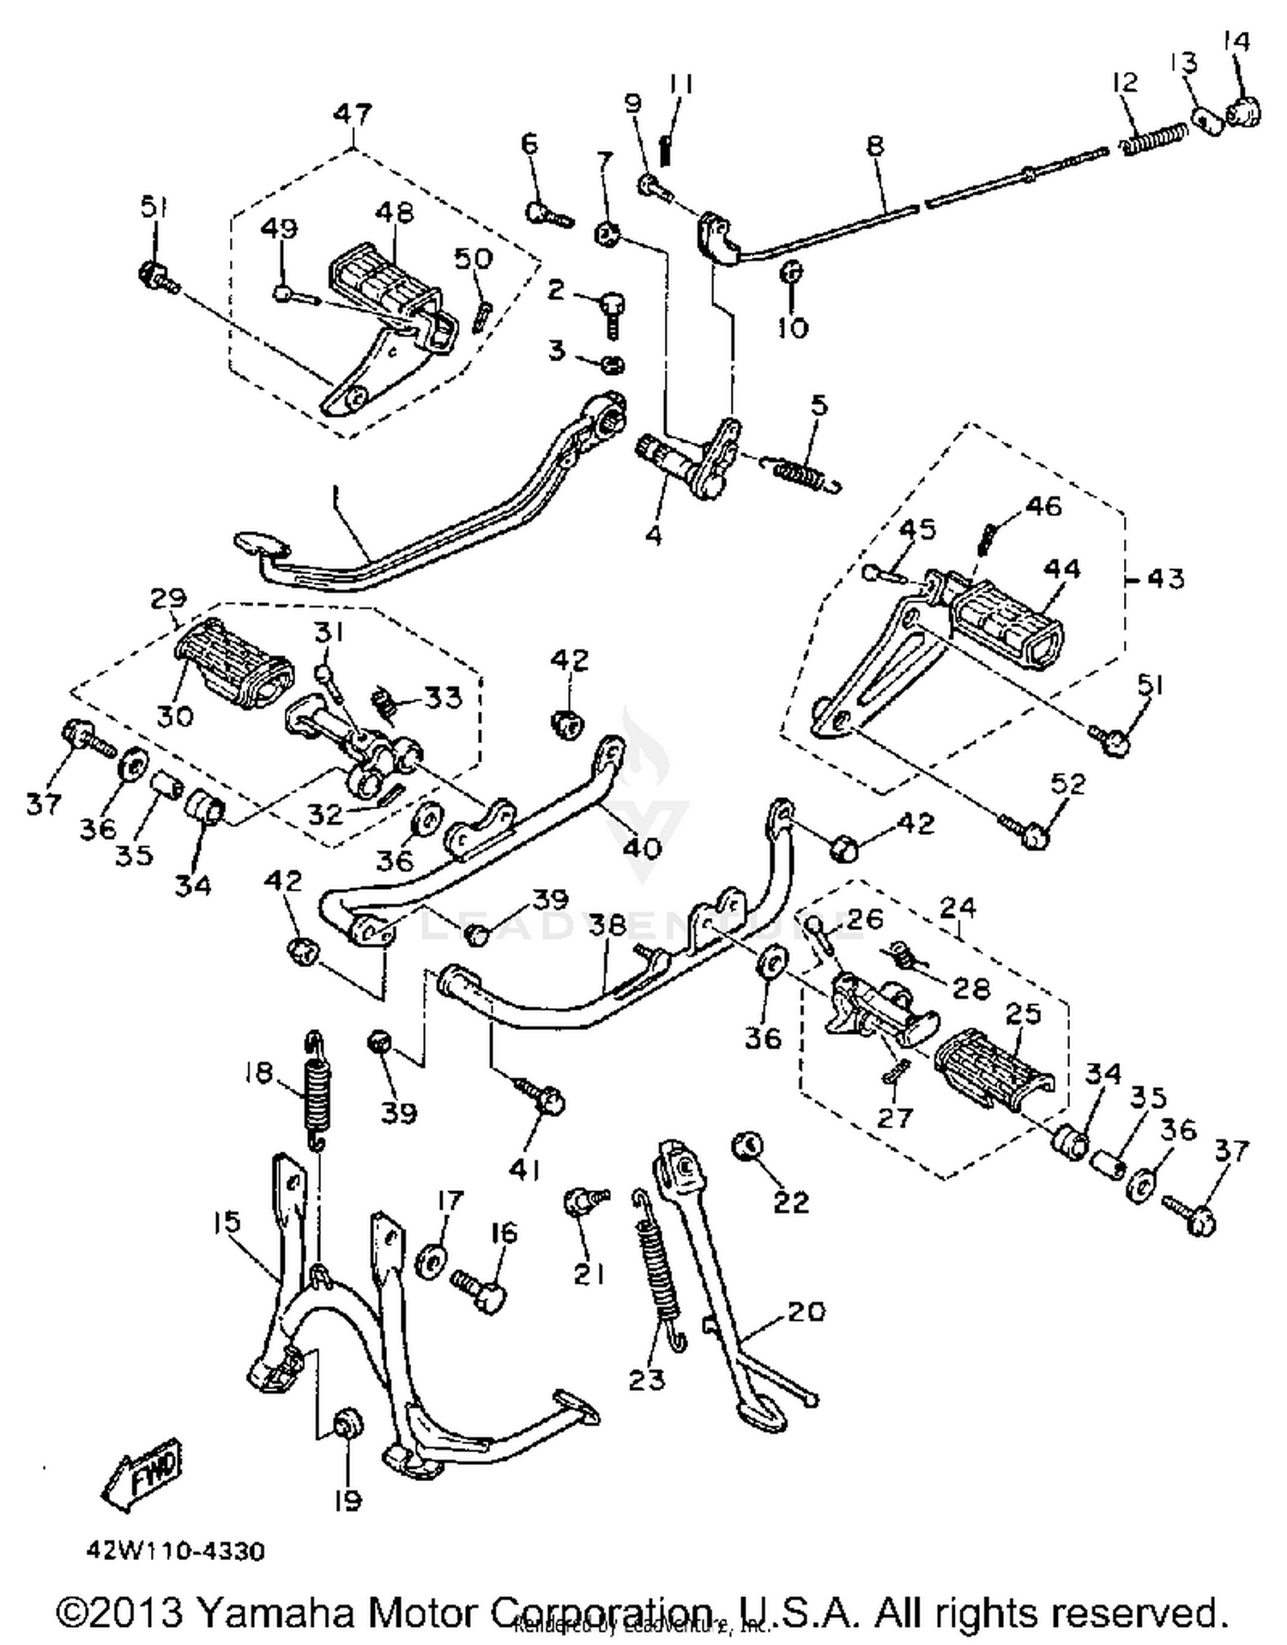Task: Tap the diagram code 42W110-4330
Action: click(x=176, y=1551)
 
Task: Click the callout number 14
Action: click(x=1236, y=40)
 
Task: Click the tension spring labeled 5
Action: click(x=802, y=473)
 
